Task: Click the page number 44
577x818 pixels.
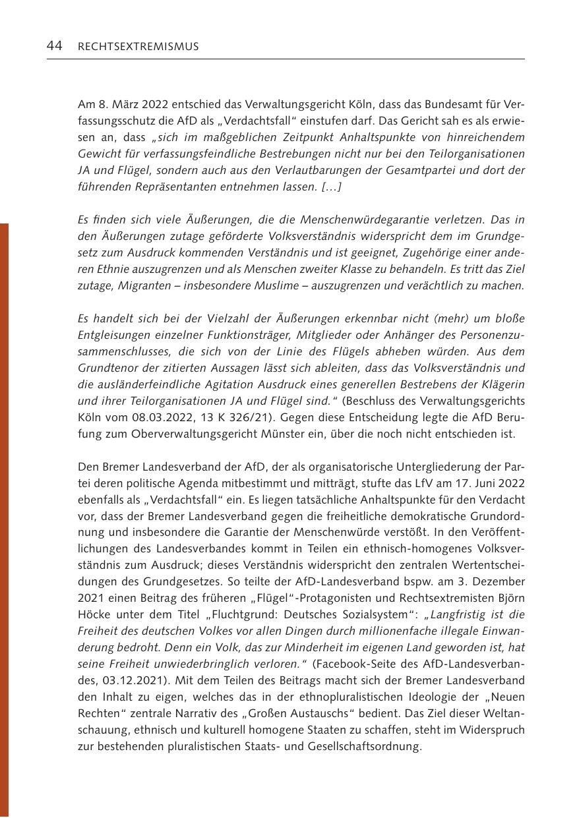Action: click(x=54, y=46)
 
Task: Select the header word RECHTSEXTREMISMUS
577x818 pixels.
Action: click(x=138, y=47)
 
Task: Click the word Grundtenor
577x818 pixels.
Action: click(x=105, y=368)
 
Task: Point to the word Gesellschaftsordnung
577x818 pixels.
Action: click(x=362, y=747)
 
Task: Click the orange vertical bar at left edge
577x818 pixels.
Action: click(x=4, y=521)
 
